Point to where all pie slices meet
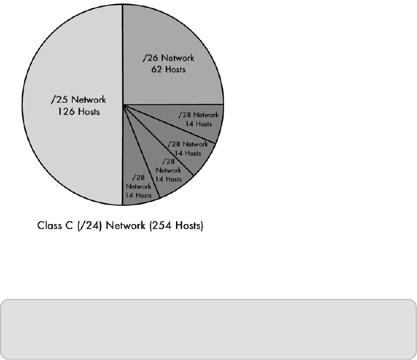[123, 105]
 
